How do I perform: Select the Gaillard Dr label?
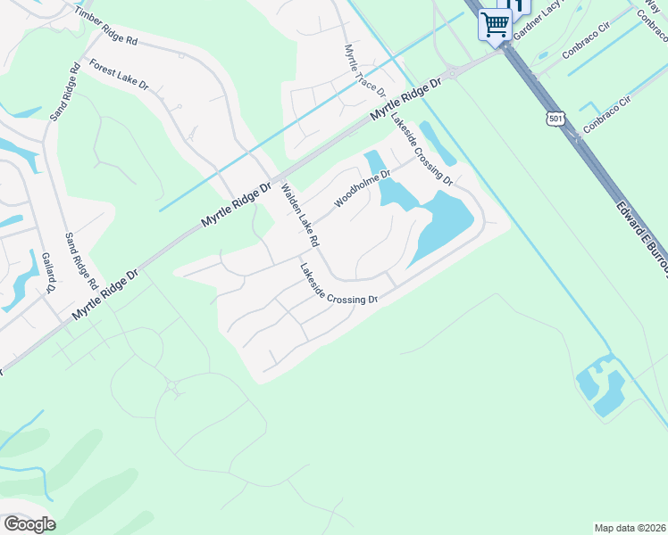[x=48, y=272]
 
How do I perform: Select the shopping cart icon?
[x=495, y=23]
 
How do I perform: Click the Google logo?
[x=29, y=523]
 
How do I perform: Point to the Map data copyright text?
[x=629, y=527]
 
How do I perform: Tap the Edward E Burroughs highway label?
[x=641, y=239]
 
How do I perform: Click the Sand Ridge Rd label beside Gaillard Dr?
[x=81, y=260]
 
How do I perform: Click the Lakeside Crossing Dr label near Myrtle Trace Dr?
[x=422, y=152]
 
